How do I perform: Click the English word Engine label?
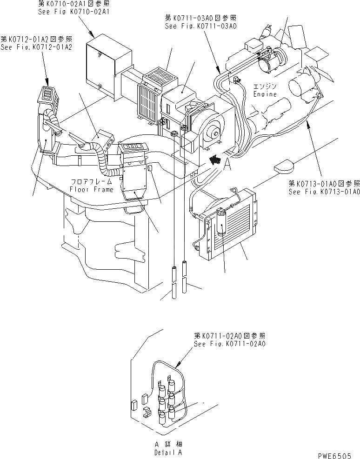click(x=265, y=94)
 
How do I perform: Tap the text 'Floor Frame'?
click(x=91, y=190)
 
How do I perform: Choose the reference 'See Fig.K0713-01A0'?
click(x=324, y=192)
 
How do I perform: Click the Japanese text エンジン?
click(x=266, y=87)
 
